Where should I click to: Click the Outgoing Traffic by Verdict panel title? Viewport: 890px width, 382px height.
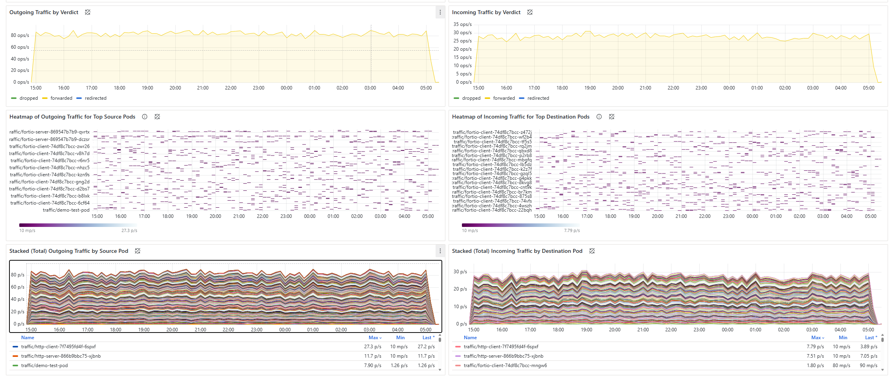(44, 12)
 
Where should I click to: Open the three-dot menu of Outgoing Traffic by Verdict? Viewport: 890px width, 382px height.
(440, 13)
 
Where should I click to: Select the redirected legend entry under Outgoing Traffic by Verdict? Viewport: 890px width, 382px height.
(95, 98)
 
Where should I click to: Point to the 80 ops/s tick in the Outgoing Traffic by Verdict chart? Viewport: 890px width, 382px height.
(20, 35)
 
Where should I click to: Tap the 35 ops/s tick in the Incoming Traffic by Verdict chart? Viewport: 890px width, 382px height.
(462, 24)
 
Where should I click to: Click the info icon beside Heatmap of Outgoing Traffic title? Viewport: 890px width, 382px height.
(145, 117)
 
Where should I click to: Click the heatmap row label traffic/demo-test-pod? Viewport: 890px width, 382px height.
(66, 210)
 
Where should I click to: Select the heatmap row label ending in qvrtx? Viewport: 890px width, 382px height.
(50, 132)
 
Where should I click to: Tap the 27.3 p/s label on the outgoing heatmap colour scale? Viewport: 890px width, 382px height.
(129, 230)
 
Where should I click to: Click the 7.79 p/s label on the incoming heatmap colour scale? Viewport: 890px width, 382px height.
(572, 230)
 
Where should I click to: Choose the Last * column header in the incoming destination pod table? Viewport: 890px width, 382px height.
(871, 338)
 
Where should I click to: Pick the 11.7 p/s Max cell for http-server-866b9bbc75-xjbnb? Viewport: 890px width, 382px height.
(372, 356)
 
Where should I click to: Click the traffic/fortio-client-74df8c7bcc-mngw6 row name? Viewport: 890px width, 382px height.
(505, 366)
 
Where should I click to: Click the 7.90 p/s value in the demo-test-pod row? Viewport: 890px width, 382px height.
(372, 366)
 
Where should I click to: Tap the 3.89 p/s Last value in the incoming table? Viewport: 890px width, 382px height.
(868, 347)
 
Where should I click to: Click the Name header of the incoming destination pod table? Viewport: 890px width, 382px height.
(470, 338)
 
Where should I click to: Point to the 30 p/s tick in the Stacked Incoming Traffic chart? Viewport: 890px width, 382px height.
(460, 272)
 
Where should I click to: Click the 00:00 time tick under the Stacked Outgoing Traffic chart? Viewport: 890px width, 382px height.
(285, 330)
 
